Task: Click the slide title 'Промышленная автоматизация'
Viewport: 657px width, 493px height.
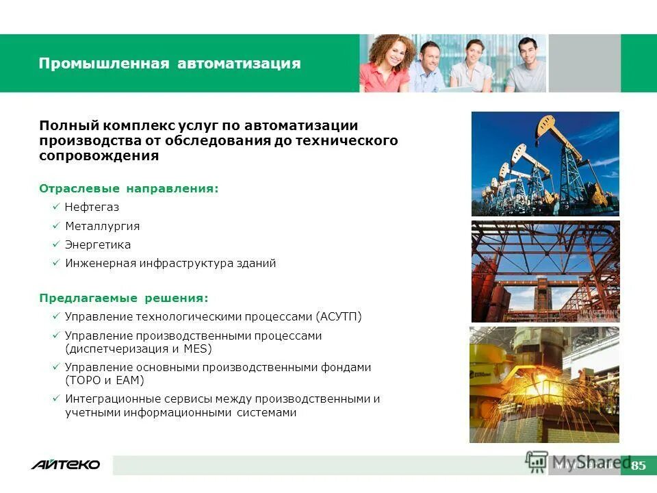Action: pyautogui.click(x=170, y=64)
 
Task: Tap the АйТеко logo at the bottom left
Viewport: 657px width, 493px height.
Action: pyautogui.click(x=65, y=465)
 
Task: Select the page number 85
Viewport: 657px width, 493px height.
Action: pyautogui.click(x=638, y=466)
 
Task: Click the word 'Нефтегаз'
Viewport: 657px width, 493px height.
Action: pyautogui.click(x=92, y=207)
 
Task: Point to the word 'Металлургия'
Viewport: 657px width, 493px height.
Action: pyautogui.click(x=102, y=226)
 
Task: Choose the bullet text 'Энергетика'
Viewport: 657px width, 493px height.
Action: pyautogui.click(x=98, y=244)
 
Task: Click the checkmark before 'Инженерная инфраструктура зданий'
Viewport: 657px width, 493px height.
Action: pyautogui.click(x=55, y=264)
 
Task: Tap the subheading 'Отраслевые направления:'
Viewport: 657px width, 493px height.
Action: pyautogui.click(x=129, y=188)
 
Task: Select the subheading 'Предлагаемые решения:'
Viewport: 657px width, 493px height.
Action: pyautogui.click(x=123, y=299)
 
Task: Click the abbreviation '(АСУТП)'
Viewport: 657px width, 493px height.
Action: pyautogui.click(x=339, y=317)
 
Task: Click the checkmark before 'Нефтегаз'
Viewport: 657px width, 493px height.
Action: pyautogui.click(x=55, y=207)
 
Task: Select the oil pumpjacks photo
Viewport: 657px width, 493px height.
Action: pyautogui.click(x=545, y=164)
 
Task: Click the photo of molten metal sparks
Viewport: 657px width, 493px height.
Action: pyautogui.click(x=544, y=385)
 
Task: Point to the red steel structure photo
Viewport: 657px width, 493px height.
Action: pyautogui.click(x=545, y=271)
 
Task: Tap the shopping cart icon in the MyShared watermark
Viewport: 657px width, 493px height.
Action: pyautogui.click(x=537, y=461)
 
